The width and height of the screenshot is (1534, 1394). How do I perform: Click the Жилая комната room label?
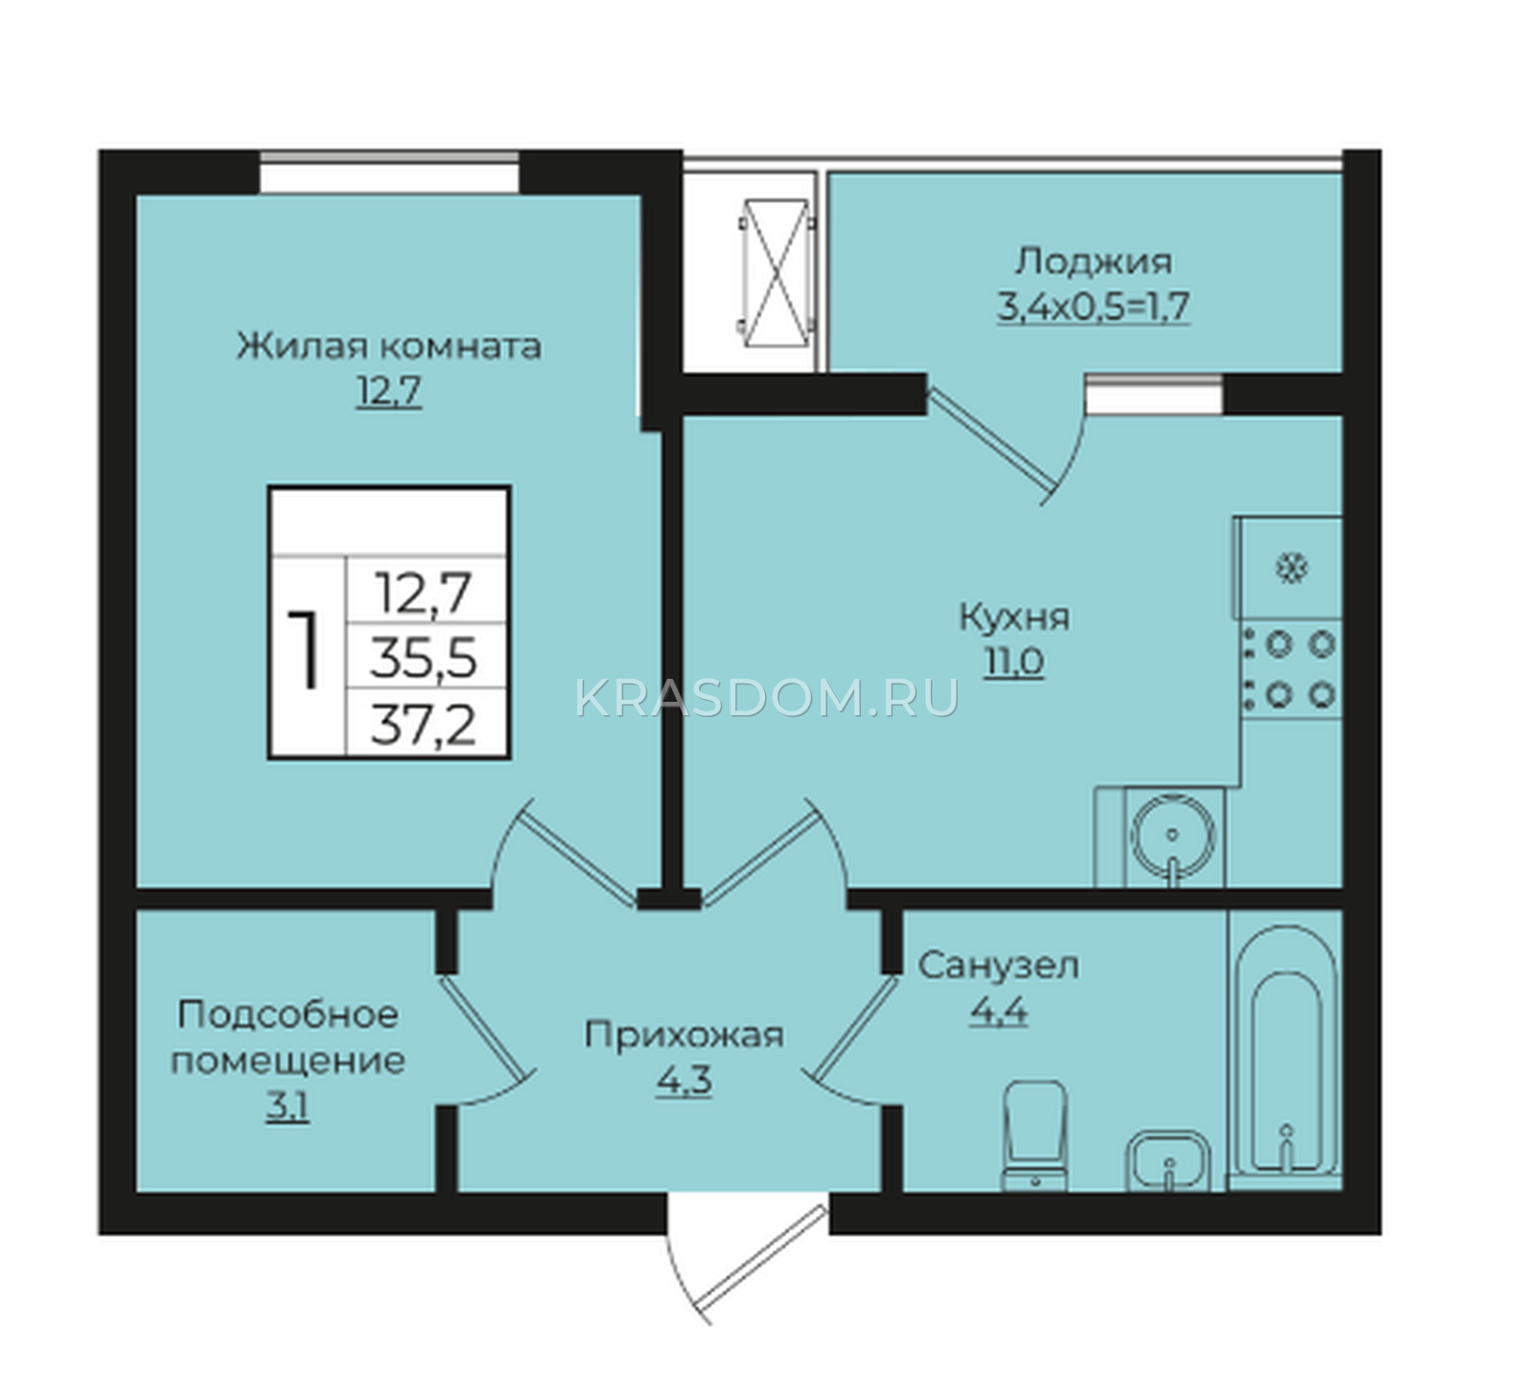[389, 345]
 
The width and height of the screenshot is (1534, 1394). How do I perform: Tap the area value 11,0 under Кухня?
[1012, 662]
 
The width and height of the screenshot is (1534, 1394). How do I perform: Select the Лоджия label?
[1094, 261]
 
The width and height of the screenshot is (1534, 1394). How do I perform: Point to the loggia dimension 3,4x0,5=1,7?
[1094, 307]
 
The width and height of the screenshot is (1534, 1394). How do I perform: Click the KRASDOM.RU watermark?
[767, 698]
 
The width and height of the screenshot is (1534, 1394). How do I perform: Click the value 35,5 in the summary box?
[424, 659]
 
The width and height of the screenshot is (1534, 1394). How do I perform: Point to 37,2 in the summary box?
[424, 725]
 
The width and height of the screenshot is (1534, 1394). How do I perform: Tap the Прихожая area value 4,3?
[684, 1081]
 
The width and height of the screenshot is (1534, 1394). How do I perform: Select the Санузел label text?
[998, 965]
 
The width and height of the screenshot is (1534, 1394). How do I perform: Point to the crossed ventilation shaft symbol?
[776, 272]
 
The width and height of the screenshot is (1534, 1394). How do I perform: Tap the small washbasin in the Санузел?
[1168, 1161]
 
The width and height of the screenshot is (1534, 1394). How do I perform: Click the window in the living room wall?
[389, 173]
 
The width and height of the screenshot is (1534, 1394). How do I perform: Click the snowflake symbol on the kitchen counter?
[1291, 569]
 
